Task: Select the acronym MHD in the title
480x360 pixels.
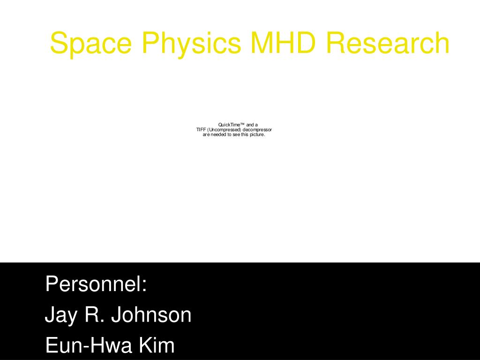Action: click(284, 43)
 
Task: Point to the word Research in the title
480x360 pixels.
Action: click(388, 43)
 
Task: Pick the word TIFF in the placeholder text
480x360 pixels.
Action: click(201, 130)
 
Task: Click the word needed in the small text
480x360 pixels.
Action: click(218, 135)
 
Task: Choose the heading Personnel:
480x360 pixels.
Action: click(96, 285)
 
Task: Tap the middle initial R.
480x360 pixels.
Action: click(94, 315)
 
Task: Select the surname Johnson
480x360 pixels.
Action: click(151, 315)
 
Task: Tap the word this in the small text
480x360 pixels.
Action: click(245, 135)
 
